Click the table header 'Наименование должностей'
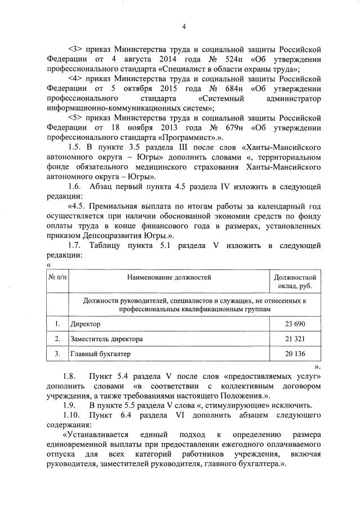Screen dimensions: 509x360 click(x=169, y=277)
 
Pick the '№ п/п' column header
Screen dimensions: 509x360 click(x=57, y=277)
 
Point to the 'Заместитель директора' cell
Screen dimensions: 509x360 click(x=106, y=339)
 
